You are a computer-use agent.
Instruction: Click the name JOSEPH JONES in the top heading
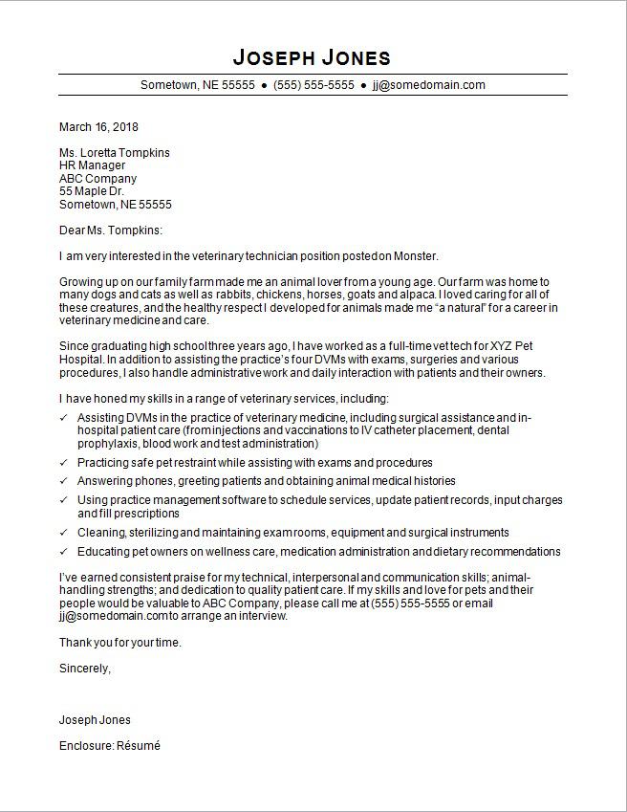[x=313, y=55]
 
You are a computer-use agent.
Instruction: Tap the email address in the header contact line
[x=429, y=84]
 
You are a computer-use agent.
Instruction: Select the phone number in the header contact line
[x=313, y=84]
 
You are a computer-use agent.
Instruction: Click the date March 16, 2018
[x=98, y=126]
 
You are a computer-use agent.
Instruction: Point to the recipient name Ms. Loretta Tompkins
[x=115, y=152]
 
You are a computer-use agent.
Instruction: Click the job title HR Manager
[x=92, y=165]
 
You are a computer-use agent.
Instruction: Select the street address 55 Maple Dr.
[x=92, y=191]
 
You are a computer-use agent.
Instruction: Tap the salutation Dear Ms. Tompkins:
[x=111, y=230]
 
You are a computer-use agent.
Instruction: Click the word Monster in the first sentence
[x=416, y=256]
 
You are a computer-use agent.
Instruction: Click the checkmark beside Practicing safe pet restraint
[x=64, y=463]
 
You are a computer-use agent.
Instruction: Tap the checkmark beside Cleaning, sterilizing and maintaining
[x=64, y=533]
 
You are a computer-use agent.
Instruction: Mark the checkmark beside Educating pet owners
[x=64, y=552]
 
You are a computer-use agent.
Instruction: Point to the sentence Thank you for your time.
[x=119, y=643]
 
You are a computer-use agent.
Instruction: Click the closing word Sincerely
[x=84, y=669]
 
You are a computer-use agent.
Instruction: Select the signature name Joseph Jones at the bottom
[x=95, y=719]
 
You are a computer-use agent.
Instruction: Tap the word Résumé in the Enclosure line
[x=139, y=745]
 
